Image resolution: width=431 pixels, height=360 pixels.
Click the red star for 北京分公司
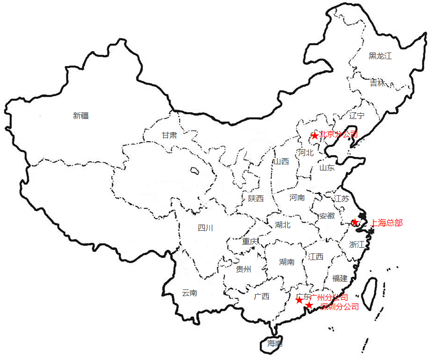(315, 136)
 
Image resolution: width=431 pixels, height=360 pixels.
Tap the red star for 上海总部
(355, 222)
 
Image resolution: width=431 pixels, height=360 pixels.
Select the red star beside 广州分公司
(299, 300)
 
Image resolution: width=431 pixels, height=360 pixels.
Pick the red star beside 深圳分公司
(308, 306)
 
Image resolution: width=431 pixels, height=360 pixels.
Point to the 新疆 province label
(81, 116)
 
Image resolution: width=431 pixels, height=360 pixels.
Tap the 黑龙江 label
(380, 56)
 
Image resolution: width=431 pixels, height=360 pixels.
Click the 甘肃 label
(169, 135)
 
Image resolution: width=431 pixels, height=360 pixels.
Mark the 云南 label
(189, 293)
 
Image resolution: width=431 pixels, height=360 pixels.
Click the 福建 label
(340, 278)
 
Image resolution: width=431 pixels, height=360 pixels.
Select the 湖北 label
(283, 225)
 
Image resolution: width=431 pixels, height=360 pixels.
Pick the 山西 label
(281, 161)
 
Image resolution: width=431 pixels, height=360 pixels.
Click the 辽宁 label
(356, 115)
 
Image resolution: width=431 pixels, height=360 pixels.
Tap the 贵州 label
(244, 269)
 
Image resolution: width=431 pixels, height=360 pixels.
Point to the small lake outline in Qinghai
(195, 170)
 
